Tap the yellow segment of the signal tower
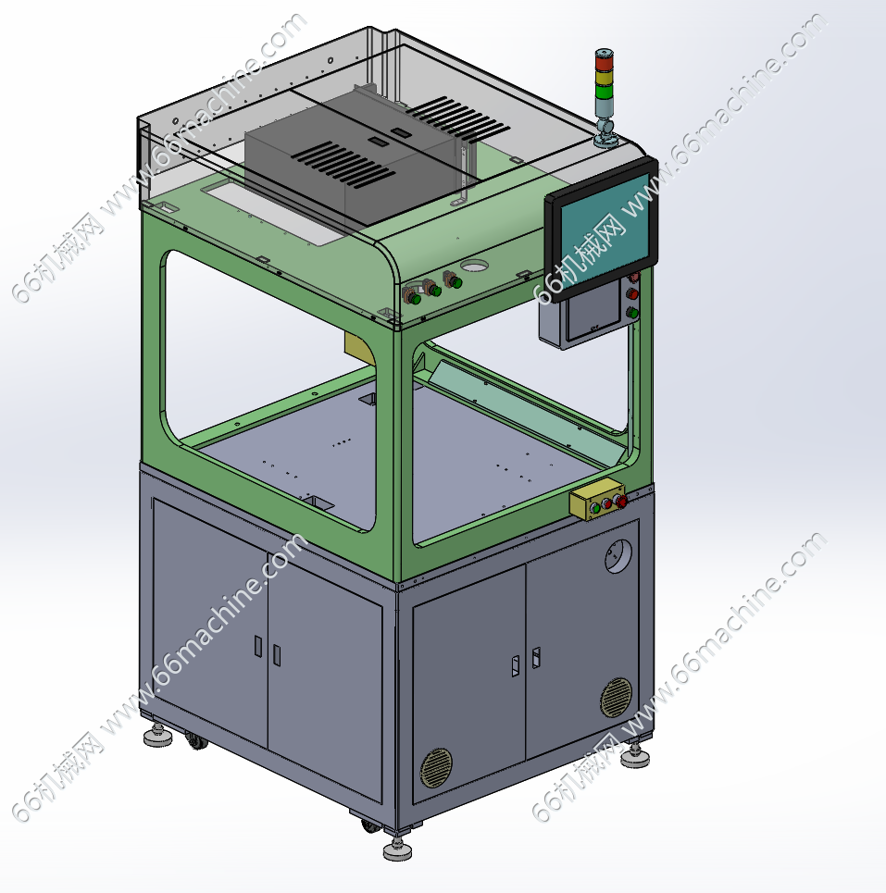coord(604,77)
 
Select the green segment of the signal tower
coord(604,92)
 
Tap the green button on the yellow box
coord(595,509)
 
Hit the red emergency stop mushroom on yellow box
coord(621,502)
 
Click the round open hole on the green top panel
coord(475,266)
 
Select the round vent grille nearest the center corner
coord(436,768)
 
